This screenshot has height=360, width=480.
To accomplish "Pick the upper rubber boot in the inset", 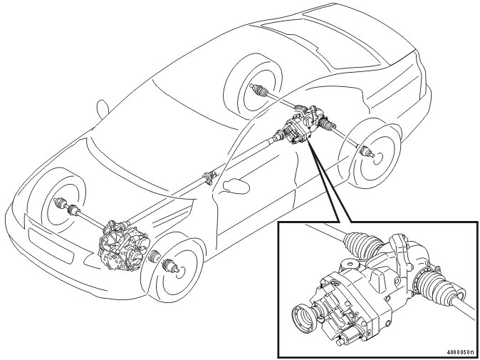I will (x=363, y=246).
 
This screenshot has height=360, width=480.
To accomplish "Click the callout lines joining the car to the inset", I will (x=330, y=182).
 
